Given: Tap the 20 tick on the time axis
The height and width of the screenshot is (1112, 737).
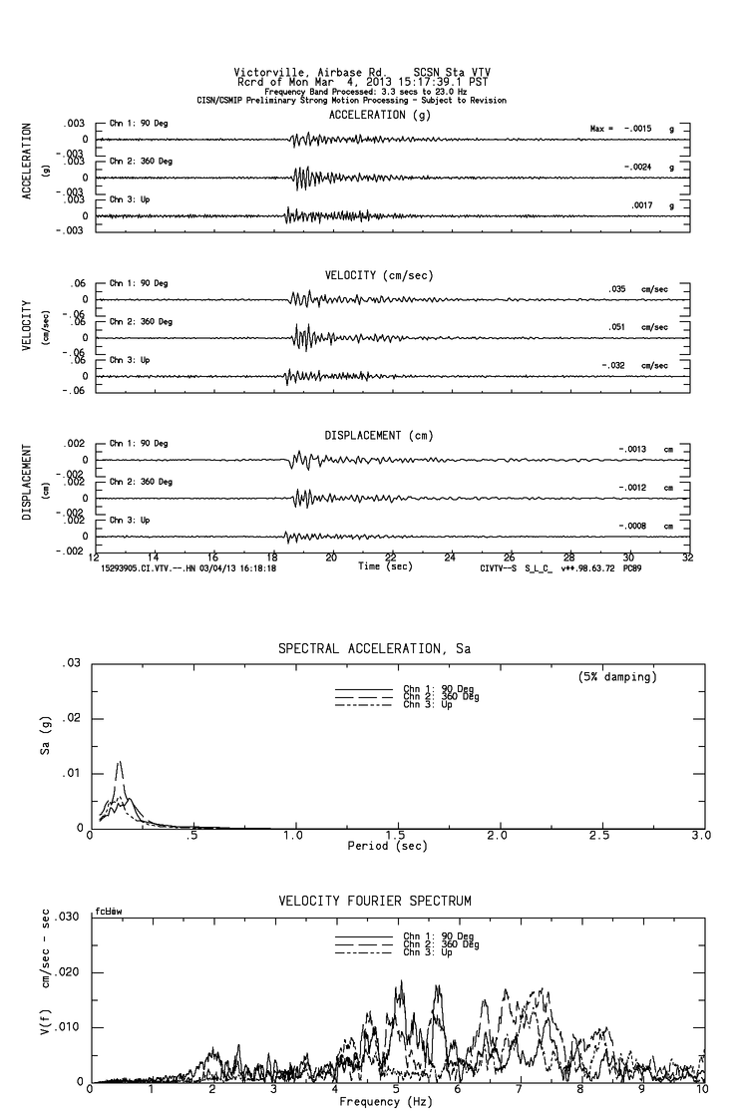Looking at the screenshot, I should (x=331, y=558).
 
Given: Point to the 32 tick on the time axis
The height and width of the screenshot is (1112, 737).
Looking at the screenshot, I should (x=687, y=558).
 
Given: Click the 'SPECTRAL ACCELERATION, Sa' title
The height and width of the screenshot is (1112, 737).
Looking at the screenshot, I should (x=375, y=649).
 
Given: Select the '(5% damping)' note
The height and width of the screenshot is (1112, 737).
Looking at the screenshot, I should (x=616, y=676).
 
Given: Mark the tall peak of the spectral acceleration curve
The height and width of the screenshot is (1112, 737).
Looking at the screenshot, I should (x=121, y=762).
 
